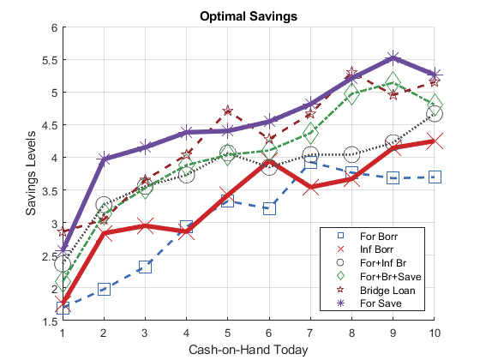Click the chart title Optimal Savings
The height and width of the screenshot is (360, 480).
[x=249, y=16]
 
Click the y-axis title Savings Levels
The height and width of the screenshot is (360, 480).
[x=31, y=173]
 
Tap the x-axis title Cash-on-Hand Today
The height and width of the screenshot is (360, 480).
[x=249, y=350]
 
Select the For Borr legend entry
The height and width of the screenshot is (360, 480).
[x=368, y=236]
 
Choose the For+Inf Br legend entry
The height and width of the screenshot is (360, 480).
[x=372, y=263]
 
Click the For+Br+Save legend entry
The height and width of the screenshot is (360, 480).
[x=379, y=276]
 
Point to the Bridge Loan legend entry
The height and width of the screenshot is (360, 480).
[x=376, y=290]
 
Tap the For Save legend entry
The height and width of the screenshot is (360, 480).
[x=369, y=303]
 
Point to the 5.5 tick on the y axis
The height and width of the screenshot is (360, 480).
[x=50, y=60]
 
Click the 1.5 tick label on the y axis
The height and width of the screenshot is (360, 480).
[x=50, y=321]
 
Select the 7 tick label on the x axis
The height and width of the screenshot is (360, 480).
[x=310, y=333]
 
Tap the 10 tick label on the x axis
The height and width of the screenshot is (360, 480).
[x=434, y=333]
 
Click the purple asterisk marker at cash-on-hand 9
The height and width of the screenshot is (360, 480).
[x=393, y=58]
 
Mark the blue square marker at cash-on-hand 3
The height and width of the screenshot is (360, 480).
[x=145, y=267]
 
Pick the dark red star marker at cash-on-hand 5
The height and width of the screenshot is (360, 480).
[x=227, y=111]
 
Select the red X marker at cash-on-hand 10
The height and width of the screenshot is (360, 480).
[x=435, y=141]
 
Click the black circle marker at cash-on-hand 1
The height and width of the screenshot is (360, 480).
[x=63, y=264]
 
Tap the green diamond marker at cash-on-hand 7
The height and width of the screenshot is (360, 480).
[x=310, y=133]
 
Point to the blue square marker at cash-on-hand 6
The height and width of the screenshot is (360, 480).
[x=269, y=208]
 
